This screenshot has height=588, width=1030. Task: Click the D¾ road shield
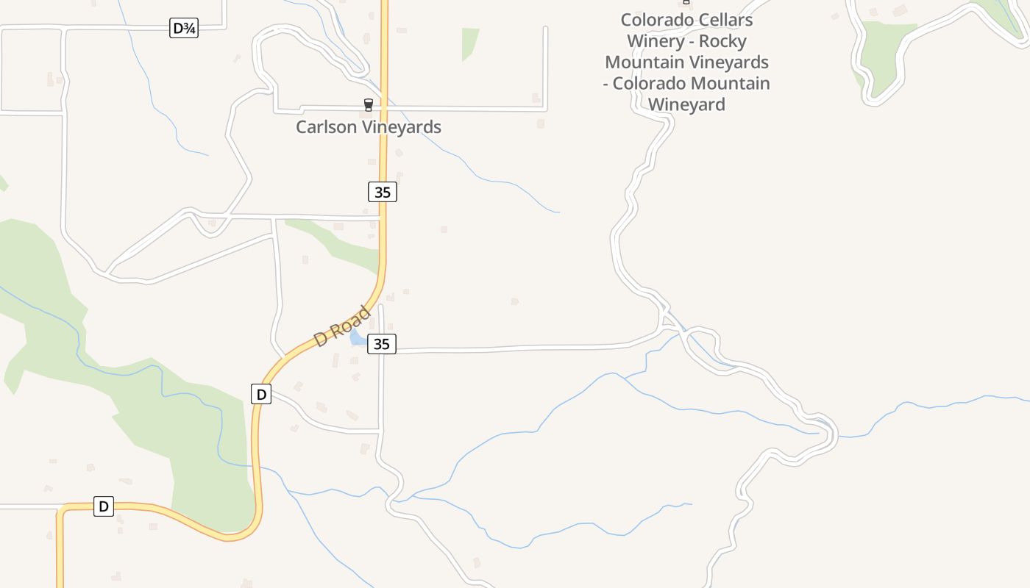point(184,29)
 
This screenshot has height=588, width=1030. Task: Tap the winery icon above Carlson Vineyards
point(369,105)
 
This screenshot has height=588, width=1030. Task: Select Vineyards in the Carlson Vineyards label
point(402,127)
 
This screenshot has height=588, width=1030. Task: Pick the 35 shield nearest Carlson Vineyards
point(383,192)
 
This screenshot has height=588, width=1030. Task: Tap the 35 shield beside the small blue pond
point(382,343)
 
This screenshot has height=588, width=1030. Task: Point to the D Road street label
point(342,327)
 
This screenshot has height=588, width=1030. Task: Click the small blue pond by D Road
point(358,338)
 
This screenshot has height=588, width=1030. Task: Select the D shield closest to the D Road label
point(260,394)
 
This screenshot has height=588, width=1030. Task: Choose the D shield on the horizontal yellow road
point(104,506)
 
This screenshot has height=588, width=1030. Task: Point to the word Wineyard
point(686,104)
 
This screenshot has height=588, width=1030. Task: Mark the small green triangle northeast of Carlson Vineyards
point(469,43)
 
